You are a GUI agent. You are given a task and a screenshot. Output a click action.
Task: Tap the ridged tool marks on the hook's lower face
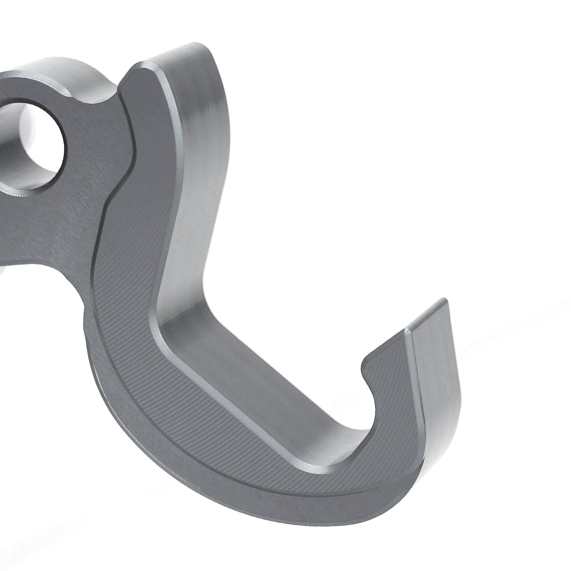[198, 415]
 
